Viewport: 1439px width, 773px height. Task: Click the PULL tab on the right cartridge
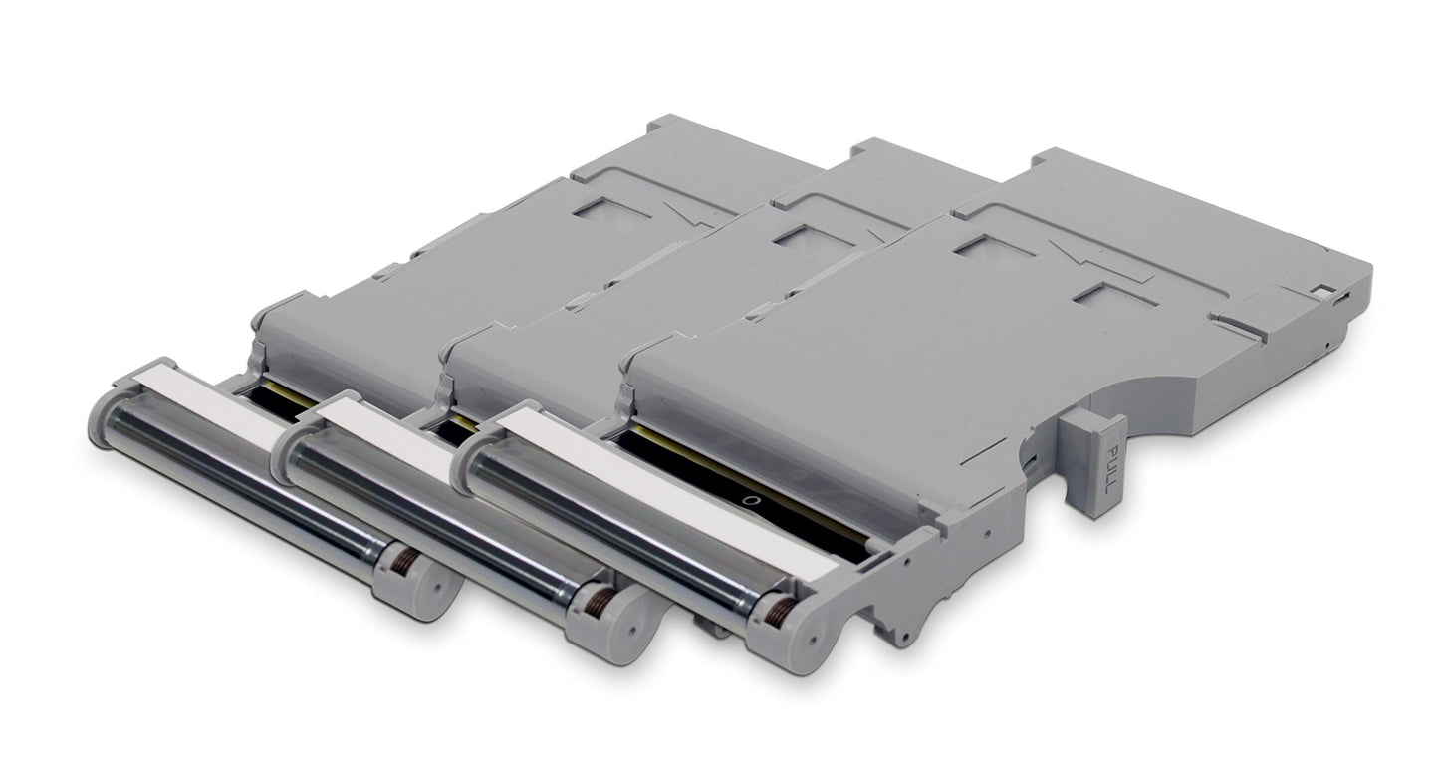1094,465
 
